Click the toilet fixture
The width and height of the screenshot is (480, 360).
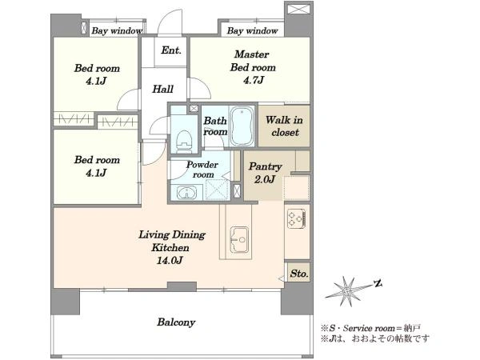[185, 142]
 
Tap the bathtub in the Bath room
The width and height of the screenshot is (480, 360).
[242, 126]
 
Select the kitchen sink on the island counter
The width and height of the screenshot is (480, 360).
[238, 239]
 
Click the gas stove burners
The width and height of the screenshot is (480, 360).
[296, 218]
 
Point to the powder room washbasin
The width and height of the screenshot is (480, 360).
[186, 193]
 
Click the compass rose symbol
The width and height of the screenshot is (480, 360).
[347, 290]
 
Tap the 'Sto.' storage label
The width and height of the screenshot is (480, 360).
[299, 273]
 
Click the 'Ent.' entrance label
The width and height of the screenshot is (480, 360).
[171, 50]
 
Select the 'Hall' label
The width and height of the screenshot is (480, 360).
[163, 89]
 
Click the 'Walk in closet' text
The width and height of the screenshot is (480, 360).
[284, 126]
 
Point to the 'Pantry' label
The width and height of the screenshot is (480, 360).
[265, 167]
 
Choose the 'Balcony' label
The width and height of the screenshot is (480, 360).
[176, 322]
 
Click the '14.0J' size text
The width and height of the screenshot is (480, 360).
[170, 260]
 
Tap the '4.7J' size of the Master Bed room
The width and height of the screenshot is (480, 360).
[254, 80]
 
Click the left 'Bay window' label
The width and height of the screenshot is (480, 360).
[117, 30]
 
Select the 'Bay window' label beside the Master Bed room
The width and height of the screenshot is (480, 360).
[252, 30]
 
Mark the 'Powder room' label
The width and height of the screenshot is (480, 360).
[202, 170]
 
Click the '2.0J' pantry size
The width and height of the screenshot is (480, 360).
[265, 179]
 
